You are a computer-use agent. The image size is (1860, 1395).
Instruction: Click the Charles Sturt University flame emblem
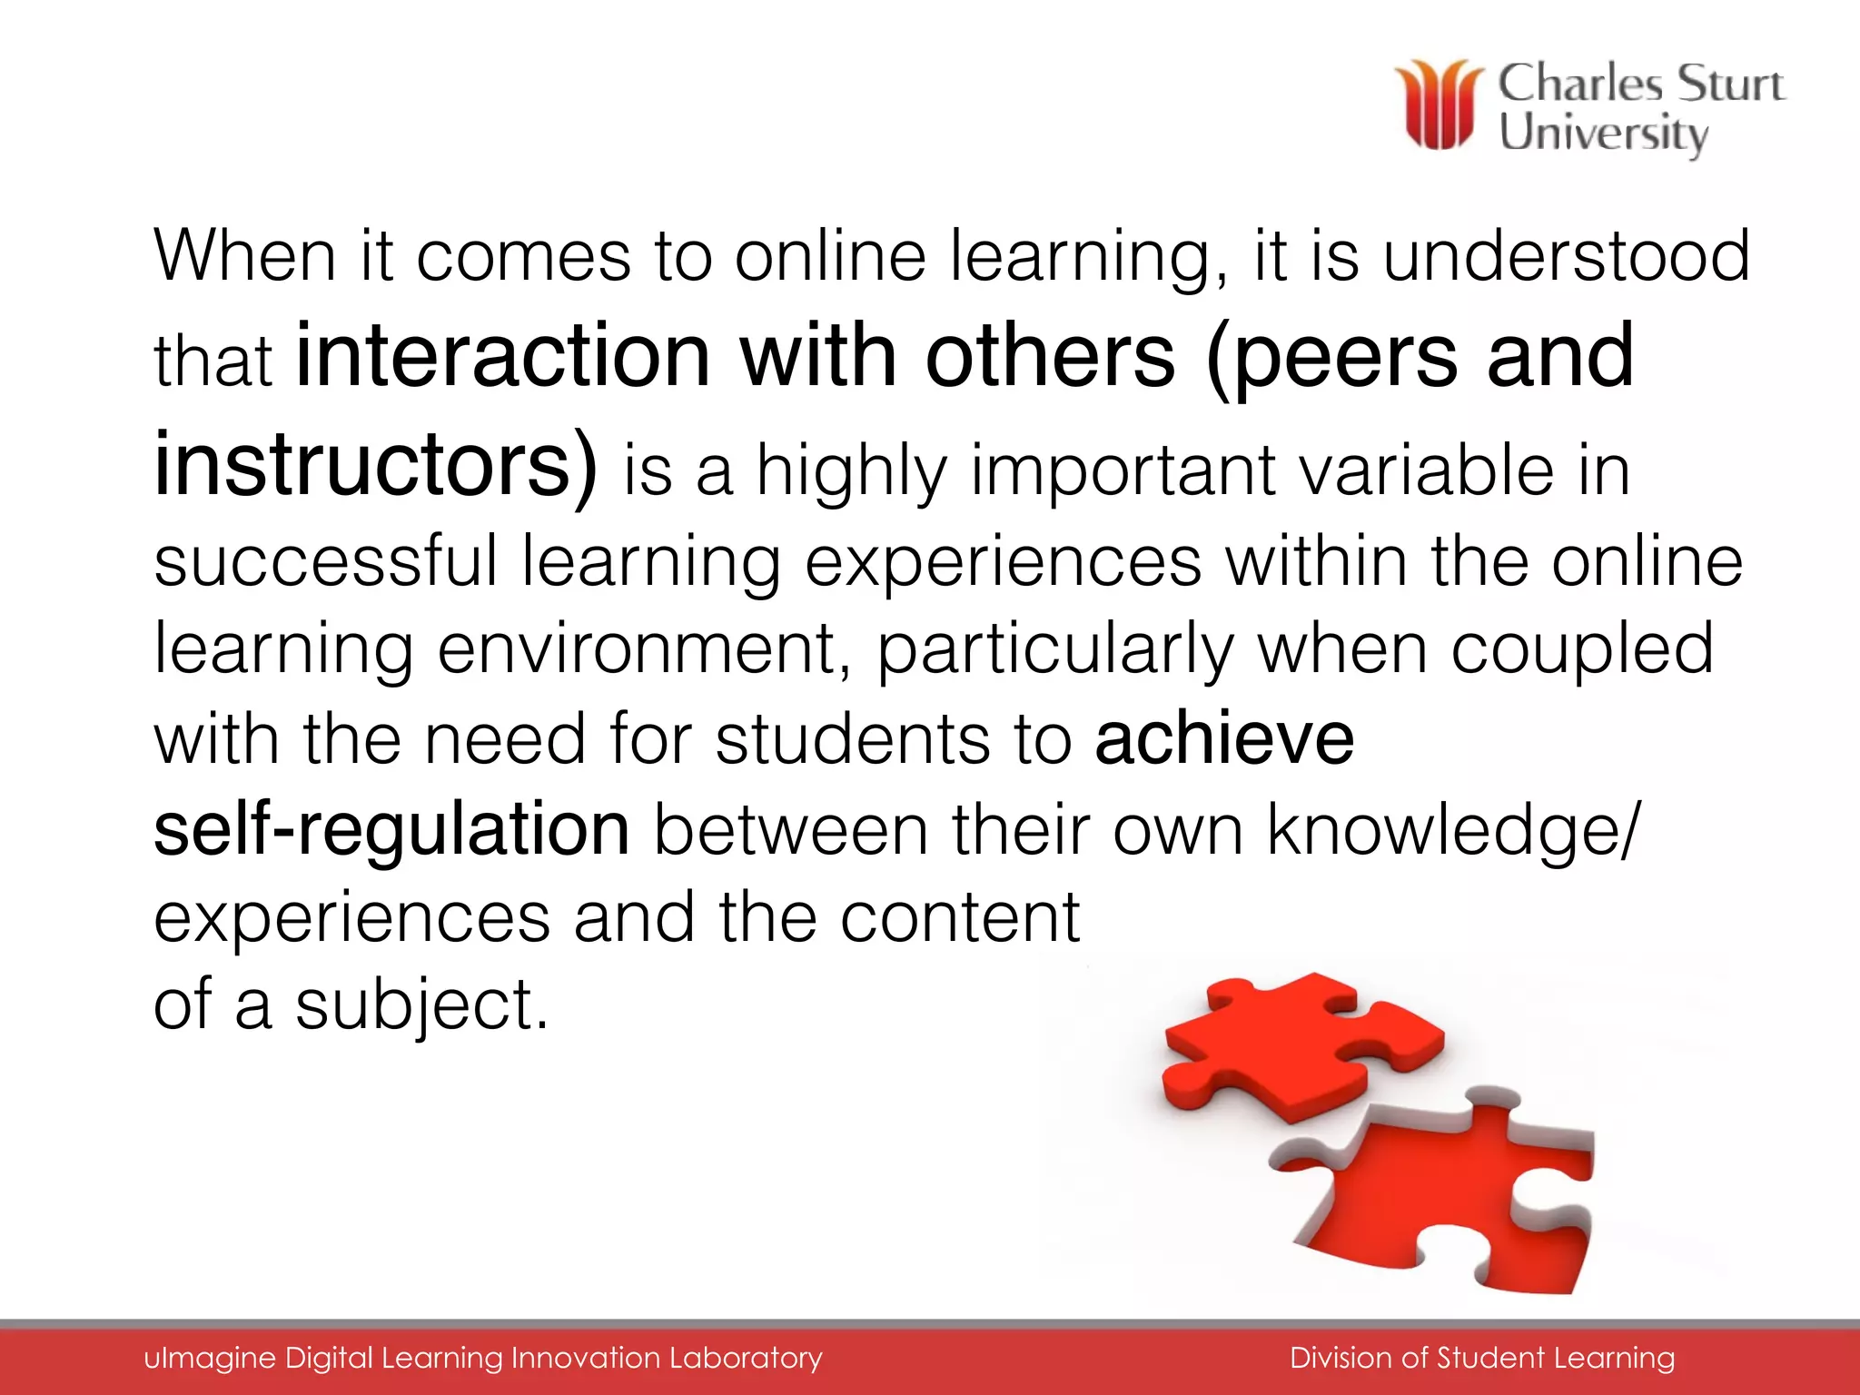pyautogui.click(x=1440, y=104)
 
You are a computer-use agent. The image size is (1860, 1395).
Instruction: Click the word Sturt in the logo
pyautogui.click(x=1729, y=84)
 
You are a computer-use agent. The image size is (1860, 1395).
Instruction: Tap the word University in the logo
pyautogui.click(x=1603, y=134)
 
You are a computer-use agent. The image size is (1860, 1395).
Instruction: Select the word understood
pyautogui.click(x=1566, y=256)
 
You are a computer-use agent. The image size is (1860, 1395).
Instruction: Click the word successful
pyautogui.click(x=325, y=561)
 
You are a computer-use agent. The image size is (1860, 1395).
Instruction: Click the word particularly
pyautogui.click(x=1054, y=650)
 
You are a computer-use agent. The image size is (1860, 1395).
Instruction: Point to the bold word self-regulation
pyautogui.click(x=391, y=829)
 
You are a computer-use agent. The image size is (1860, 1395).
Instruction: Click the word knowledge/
pyautogui.click(x=1453, y=829)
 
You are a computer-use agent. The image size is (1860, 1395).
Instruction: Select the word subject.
pyautogui.click(x=421, y=1005)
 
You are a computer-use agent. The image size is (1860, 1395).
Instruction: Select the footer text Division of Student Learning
pyautogui.click(x=1482, y=1358)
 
